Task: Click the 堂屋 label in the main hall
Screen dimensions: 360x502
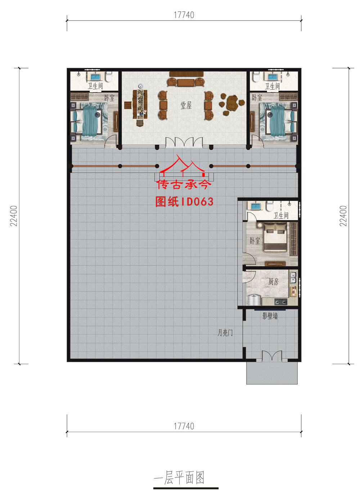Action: tap(186, 105)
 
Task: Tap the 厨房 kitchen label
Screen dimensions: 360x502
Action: tap(274, 282)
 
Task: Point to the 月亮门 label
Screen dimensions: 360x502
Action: tap(225, 333)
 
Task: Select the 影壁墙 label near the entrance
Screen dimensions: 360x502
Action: tap(270, 316)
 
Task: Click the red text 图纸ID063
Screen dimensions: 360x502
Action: tap(184, 202)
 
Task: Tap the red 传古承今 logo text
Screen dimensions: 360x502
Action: tap(184, 185)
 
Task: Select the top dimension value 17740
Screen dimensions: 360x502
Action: tap(184, 15)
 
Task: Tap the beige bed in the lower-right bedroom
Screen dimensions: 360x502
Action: tap(275, 237)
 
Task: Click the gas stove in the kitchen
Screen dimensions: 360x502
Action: tap(281, 302)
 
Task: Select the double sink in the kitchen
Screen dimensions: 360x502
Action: tap(293, 278)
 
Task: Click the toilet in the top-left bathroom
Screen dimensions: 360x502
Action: tap(109, 77)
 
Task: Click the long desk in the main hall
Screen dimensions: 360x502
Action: tap(140, 104)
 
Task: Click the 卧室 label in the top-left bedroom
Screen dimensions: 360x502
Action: tap(109, 98)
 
